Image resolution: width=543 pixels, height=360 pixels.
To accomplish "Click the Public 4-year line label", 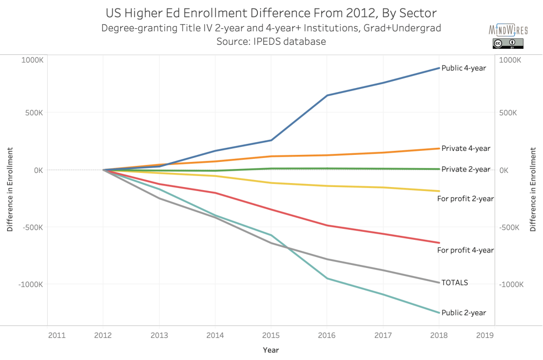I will tap(464, 68).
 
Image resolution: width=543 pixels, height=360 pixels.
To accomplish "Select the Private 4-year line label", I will tap(466, 148).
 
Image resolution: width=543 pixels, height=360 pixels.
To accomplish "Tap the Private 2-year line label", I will tap(466, 169).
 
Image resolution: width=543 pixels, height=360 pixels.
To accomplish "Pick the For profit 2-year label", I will tap(466, 199).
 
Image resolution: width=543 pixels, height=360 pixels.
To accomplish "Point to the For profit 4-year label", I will tap(466, 250).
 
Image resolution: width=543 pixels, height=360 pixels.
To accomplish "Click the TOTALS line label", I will tap(455, 283).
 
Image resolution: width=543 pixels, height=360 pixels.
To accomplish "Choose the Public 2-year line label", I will tap(464, 313).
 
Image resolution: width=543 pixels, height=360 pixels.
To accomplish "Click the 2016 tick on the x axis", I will tap(327, 335).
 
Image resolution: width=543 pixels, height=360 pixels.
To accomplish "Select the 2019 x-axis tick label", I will tap(484, 335).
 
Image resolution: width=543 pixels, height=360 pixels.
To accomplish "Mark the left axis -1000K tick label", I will tap(31, 284).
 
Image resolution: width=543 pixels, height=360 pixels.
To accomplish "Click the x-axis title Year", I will tap(270, 350).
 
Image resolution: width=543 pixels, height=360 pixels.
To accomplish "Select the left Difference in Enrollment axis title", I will tap(10, 190).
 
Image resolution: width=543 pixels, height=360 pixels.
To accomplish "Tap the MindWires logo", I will tap(508, 30).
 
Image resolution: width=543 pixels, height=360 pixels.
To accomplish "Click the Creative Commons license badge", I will tap(508, 44).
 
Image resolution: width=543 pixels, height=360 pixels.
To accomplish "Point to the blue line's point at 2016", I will tap(327, 95).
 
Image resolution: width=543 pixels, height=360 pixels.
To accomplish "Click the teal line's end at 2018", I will tap(439, 313).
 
